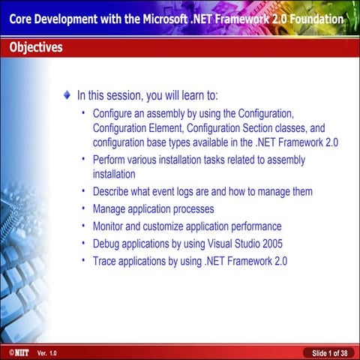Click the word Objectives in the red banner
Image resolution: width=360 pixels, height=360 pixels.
(36, 48)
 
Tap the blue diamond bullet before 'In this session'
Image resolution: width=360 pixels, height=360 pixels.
(69, 95)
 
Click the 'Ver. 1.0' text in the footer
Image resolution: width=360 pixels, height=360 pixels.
(46, 352)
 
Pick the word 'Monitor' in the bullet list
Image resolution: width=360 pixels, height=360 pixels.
(110, 226)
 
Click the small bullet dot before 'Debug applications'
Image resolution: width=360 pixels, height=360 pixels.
(83, 243)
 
